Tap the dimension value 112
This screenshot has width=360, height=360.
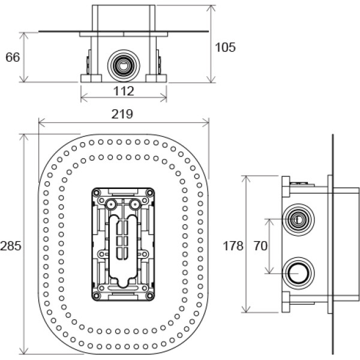122,91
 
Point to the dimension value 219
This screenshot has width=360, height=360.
122,113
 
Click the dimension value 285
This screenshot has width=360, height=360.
10,245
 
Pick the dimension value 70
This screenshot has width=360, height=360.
260,245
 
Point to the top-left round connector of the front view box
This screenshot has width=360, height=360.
110,204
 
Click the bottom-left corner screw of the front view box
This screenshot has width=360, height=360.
97,295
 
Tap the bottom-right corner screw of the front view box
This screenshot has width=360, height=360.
148,295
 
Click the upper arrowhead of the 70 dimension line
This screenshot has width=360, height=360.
271,220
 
